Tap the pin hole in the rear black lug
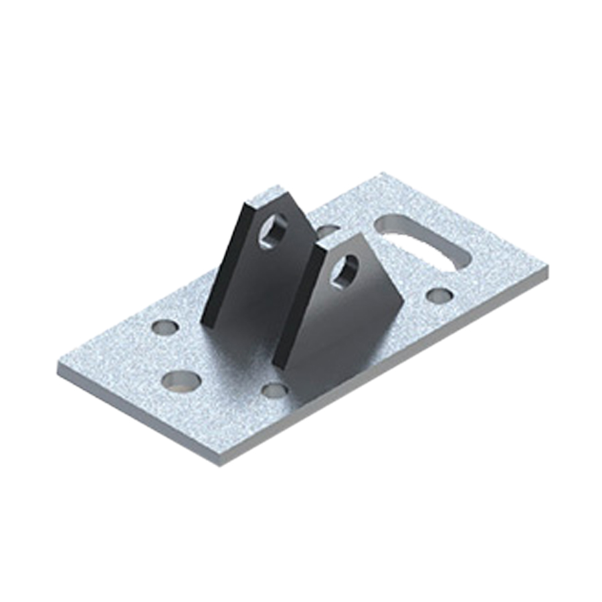coord(275,231)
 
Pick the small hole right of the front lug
coord(438,295)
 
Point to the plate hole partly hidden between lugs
coord(326,231)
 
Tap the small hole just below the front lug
coord(274,390)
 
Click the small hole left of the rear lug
coord(165,327)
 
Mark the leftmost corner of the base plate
coord(58,370)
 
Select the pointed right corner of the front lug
coord(404,306)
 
